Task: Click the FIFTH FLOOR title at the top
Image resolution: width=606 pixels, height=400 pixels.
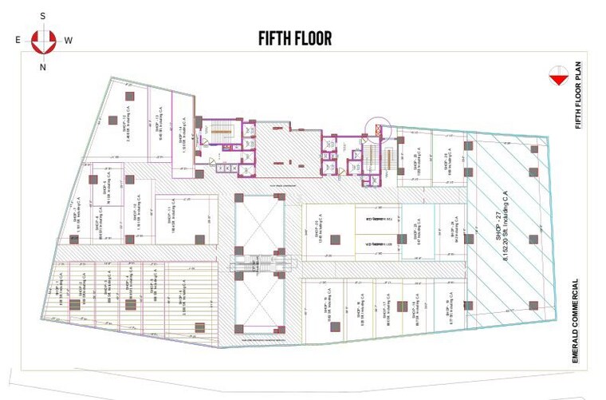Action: (294, 38)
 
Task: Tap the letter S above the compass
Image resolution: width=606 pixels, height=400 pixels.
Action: (43, 15)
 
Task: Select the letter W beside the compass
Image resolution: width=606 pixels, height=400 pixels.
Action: (69, 39)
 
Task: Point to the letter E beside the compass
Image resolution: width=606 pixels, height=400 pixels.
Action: (18, 39)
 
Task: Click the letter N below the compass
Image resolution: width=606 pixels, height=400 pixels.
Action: (43, 67)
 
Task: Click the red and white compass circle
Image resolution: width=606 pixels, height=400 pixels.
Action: (43, 40)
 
